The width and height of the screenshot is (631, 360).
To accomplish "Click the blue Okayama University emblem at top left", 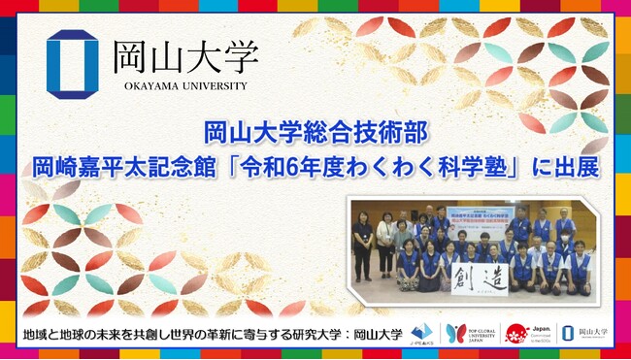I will (72, 65).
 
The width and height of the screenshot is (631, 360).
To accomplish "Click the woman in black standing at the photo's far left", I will (363, 244).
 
